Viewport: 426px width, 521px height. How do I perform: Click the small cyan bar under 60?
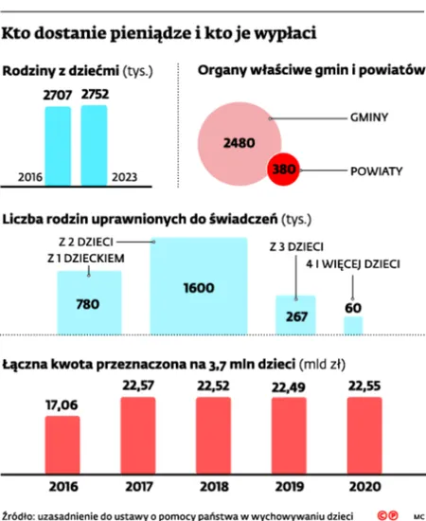pos(352,326)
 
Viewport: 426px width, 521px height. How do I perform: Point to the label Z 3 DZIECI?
pos(293,246)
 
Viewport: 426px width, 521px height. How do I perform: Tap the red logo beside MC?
pos(385,514)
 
